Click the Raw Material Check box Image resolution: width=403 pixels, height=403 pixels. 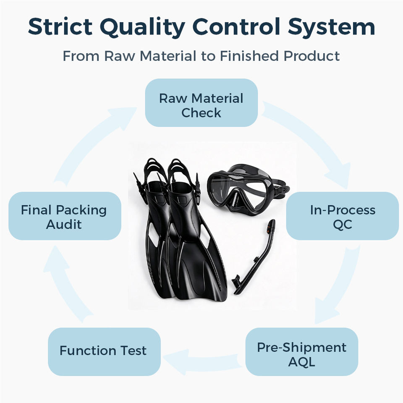(x=201, y=102)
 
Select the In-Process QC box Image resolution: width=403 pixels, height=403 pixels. (x=343, y=216)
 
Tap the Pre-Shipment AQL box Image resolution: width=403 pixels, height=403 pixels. (x=302, y=352)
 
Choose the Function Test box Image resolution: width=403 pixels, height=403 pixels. (x=105, y=352)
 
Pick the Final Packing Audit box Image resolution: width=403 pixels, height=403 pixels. (x=65, y=216)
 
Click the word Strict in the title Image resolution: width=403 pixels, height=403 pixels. (x=60, y=27)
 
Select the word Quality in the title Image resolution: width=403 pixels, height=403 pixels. (x=143, y=28)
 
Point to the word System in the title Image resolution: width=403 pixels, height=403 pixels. (x=332, y=28)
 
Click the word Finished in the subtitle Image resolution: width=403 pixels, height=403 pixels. (x=249, y=56)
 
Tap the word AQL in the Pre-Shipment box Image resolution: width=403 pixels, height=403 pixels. (x=301, y=362)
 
